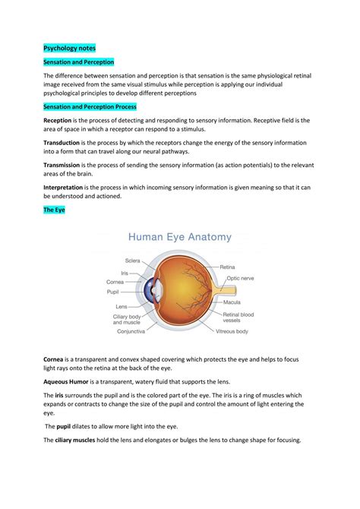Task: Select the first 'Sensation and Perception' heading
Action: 79,62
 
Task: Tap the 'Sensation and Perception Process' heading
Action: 90,107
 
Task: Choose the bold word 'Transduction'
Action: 65,143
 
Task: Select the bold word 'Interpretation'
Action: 67,186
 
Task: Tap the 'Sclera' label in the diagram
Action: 134,260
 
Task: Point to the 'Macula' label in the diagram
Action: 230,302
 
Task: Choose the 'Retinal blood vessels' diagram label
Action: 237,318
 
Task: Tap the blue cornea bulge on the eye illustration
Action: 153,290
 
